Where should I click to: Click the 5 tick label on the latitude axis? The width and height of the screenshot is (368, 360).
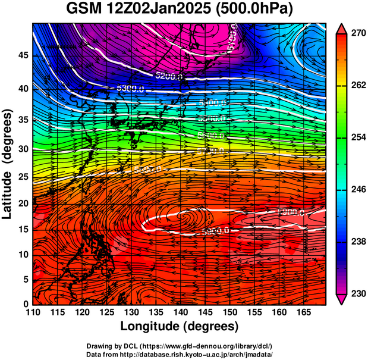point(26,278)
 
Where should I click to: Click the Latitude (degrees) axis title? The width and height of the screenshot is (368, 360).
point(8,163)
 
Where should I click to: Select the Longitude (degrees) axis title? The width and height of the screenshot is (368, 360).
point(180,326)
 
